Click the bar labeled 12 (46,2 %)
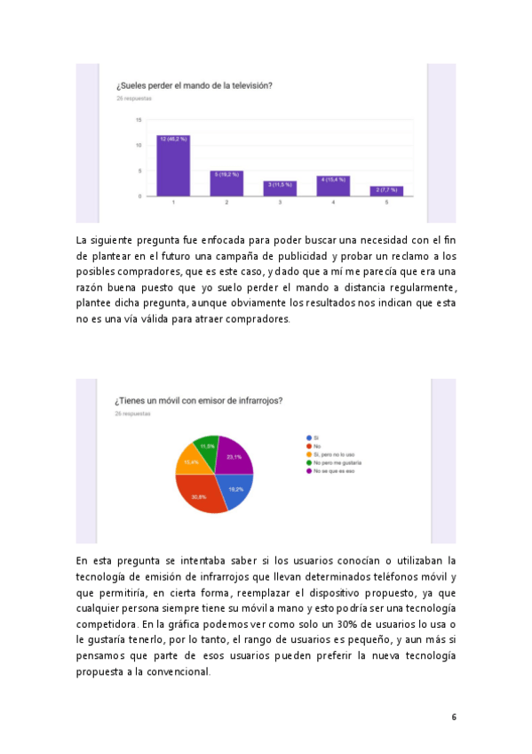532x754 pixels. pyautogui.click(x=173, y=166)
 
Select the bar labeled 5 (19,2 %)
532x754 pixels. pyautogui.click(x=226, y=183)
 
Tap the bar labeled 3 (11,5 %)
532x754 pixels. pyautogui.click(x=280, y=188)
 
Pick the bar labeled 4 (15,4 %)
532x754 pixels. pyautogui.click(x=333, y=186)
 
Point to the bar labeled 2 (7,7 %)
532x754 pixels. pyautogui.click(x=386, y=190)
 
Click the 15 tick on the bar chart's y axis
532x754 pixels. pyautogui.click(x=139, y=120)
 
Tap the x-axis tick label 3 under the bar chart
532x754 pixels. pyautogui.click(x=280, y=204)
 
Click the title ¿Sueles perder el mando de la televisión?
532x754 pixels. pyautogui.click(x=194, y=85)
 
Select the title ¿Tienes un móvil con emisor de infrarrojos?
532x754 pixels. pyautogui.click(x=198, y=400)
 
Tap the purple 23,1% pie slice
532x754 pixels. pyautogui.click(x=234, y=457)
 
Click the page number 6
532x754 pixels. pyautogui.click(x=453, y=717)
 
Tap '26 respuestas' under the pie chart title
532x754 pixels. pyautogui.click(x=131, y=413)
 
